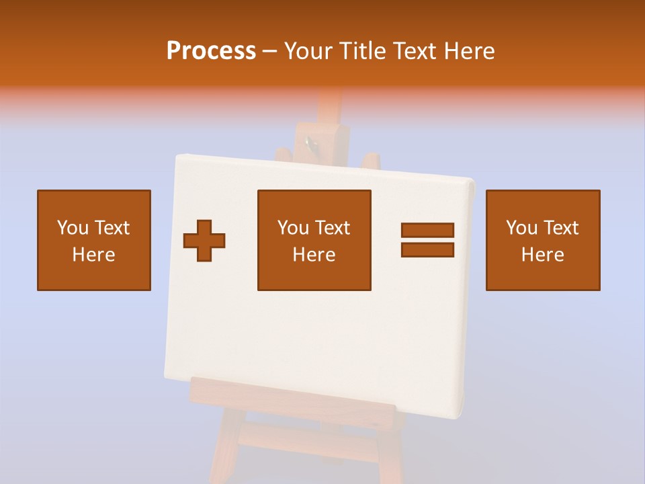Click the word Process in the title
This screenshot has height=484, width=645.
(211, 50)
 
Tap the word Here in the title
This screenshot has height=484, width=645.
(468, 50)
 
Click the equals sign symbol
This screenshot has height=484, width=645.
(427, 240)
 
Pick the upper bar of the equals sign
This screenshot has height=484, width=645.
(427, 230)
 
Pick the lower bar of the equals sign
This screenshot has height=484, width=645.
(427, 249)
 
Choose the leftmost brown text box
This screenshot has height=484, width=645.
(94, 240)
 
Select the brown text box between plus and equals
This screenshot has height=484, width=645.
(314, 240)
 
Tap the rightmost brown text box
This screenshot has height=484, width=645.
(543, 240)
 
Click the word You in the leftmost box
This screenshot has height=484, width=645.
(73, 228)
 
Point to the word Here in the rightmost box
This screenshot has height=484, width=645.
(543, 255)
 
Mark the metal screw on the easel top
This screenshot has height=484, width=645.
(309, 142)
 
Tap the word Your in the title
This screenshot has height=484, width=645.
(310, 50)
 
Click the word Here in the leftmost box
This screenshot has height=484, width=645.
(94, 255)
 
